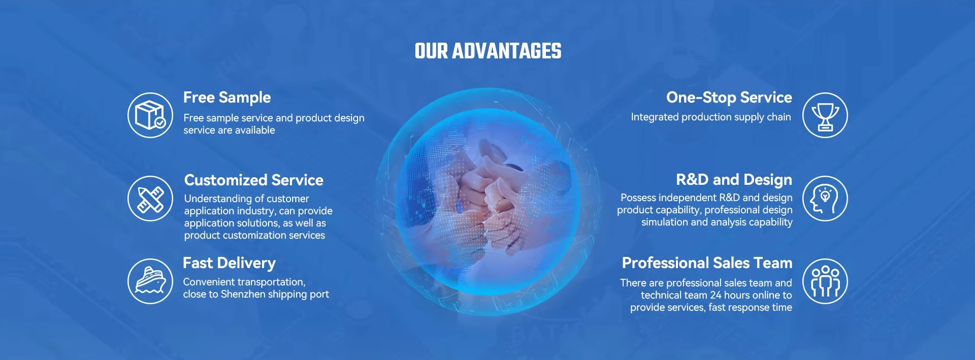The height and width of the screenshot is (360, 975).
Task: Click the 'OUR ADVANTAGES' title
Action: [488, 51]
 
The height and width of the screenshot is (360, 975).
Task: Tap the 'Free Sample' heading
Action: [227, 97]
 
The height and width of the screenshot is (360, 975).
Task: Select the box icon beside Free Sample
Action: [150, 115]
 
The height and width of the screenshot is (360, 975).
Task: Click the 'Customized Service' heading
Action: [254, 180]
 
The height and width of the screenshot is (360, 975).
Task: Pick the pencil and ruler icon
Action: [150, 199]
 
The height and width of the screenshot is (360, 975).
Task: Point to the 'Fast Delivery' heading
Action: [229, 263]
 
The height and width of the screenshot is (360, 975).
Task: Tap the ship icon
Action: [150, 281]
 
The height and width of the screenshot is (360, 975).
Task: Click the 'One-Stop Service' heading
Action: [729, 97]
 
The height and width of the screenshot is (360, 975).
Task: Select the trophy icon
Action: [825, 115]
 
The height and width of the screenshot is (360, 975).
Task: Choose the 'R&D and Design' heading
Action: [734, 180]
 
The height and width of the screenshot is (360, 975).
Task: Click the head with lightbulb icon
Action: [825, 199]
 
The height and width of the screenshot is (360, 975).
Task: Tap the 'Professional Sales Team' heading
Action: [707, 263]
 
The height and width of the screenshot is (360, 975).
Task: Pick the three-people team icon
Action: [825, 281]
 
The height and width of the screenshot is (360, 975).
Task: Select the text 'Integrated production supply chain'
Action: [711, 117]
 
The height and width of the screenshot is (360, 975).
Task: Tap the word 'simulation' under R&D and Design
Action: [664, 222]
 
